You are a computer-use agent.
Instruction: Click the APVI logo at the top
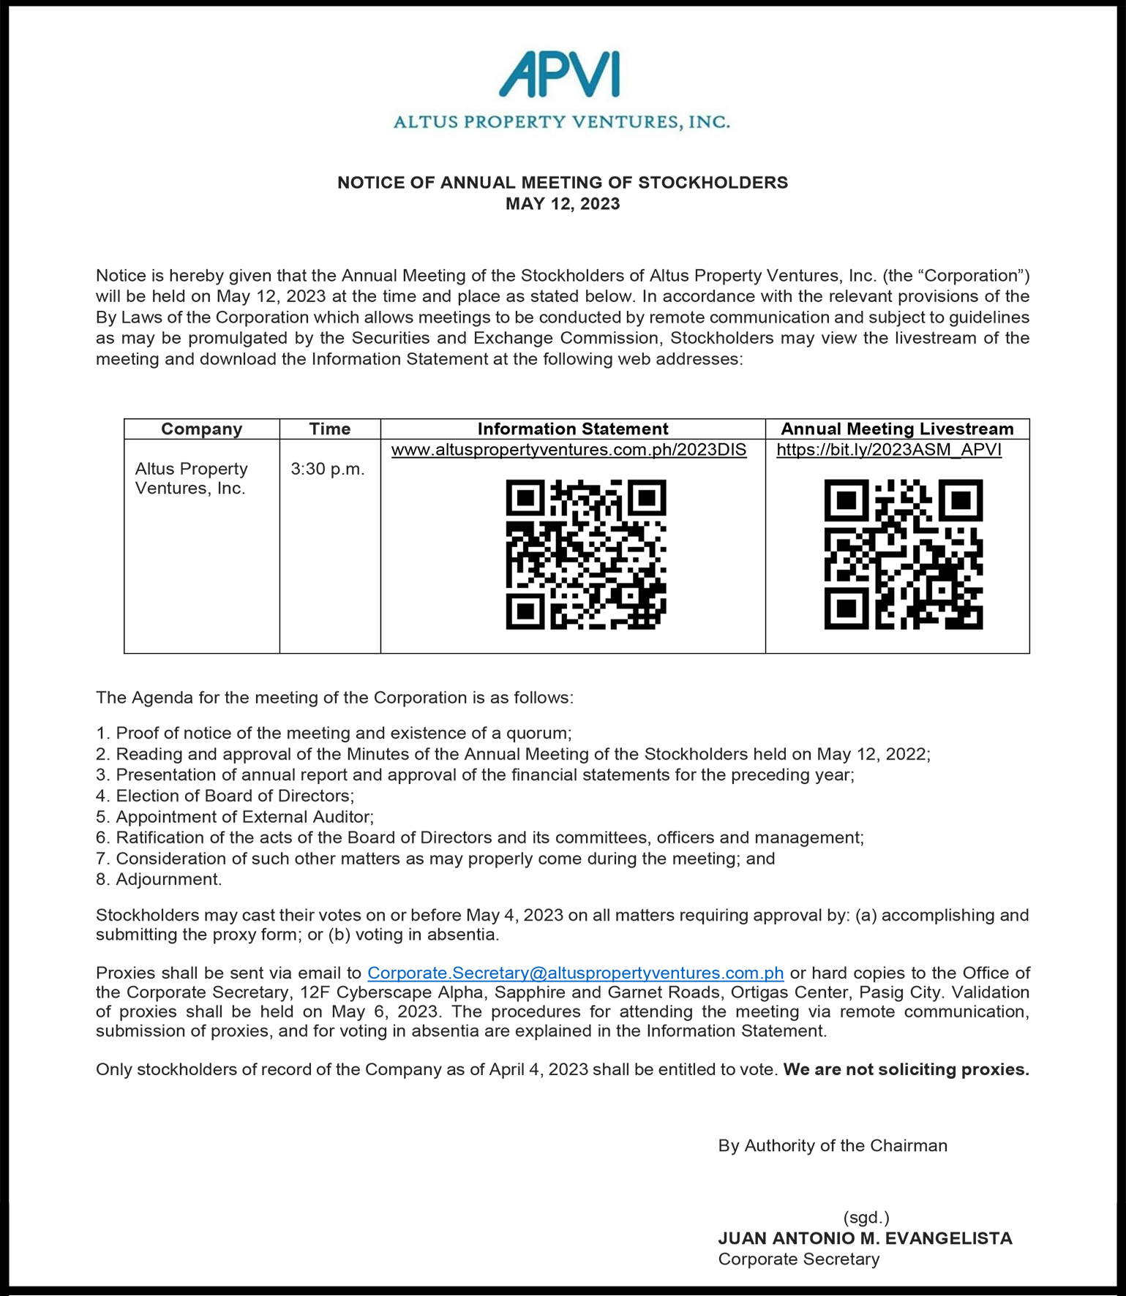[x=561, y=75]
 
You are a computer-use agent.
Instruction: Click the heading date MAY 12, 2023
[x=563, y=204]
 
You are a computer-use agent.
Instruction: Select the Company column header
[x=201, y=429]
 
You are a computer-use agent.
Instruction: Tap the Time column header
[x=329, y=429]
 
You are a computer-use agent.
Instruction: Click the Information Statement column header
[x=573, y=429]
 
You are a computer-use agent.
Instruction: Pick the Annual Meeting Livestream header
[x=897, y=429]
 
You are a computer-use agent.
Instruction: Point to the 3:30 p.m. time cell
[x=328, y=470]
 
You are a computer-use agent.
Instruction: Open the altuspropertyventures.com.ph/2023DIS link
[x=568, y=450]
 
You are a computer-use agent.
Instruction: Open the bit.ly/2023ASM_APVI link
[x=889, y=450]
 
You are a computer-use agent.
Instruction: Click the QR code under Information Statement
[x=586, y=554]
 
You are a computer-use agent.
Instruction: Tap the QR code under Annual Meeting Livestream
[x=904, y=554]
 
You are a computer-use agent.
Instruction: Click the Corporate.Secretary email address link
[x=575, y=973]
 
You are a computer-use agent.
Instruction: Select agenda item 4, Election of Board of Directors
[x=234, y=796]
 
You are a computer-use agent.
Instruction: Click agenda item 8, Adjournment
[x=168, y=879]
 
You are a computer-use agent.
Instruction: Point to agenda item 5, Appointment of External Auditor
[x=244, y=817]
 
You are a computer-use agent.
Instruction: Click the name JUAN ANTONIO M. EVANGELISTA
[x=865, y=1238]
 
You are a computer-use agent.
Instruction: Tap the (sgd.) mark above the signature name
[x=866, y=1218]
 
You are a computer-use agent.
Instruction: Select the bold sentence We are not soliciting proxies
[x=906, y=1070]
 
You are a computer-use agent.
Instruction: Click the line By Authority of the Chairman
[x=833, y=1146]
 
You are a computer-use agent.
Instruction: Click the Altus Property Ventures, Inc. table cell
[x=192, y=478]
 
